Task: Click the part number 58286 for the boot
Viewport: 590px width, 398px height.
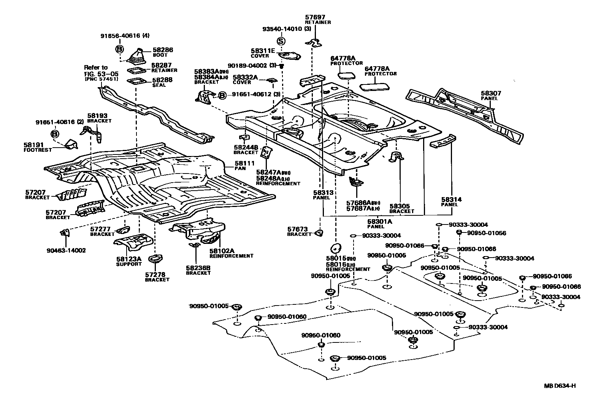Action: [x=163, y=49]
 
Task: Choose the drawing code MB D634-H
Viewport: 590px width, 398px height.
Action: [x=559, y=386]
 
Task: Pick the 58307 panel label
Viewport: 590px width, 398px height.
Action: [x=491, y=93]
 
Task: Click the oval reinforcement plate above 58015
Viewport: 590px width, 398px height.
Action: [x=335, y=247]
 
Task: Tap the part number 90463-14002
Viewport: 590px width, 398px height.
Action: [x=66, y=250]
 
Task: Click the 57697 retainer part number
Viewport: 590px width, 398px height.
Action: [x=316, y=17]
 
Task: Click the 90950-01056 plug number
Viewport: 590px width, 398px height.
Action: [x=487, y=233]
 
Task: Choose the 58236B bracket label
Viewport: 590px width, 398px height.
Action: [x=198, y=268]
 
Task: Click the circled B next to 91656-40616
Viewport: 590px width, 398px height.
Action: [x=119, y=49]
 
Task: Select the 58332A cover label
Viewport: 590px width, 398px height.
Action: [x=245, y=77]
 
